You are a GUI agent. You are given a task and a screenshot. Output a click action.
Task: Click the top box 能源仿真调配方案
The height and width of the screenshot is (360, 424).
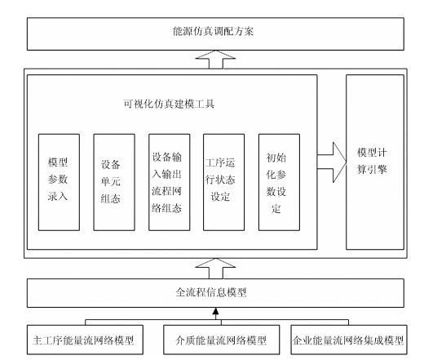(215, 34)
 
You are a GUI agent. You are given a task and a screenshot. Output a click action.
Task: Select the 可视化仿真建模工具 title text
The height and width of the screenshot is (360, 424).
(169, 104)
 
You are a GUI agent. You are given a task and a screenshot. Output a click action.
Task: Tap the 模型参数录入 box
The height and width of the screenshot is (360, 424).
(59, 182)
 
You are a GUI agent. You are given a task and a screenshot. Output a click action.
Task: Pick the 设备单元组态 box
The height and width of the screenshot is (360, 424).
(114, 182)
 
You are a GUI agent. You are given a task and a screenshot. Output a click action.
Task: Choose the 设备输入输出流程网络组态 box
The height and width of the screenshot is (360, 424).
(170, 182)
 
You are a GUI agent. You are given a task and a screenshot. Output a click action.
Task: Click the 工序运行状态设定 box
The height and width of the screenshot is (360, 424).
(224, 182)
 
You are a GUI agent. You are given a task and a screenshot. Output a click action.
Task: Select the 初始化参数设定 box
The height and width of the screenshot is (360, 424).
(279, 182)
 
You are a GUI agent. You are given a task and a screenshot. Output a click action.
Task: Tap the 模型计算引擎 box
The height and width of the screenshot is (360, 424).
(375, 162)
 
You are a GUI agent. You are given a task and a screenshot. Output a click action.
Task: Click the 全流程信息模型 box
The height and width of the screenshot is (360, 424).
(215, 293)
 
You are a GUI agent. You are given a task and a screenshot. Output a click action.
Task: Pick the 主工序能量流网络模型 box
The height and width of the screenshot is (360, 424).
(85, 340)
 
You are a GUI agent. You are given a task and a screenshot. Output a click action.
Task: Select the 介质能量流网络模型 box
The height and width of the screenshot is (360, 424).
(221, 340)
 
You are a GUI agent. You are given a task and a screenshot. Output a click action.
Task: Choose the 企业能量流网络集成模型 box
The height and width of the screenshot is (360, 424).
(349, 340)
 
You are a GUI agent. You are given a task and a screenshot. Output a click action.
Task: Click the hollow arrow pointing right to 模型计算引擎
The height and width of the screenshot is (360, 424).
(333, 162)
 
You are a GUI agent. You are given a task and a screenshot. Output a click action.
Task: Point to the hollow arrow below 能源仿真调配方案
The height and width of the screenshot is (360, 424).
(215, 60)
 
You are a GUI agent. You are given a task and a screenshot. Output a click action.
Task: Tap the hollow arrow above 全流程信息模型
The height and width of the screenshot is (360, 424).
(215, 269)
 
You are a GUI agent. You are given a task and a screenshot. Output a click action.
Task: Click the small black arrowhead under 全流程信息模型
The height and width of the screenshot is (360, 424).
(215, 311)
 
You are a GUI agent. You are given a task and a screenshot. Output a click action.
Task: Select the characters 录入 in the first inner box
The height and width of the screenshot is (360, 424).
(58, 196)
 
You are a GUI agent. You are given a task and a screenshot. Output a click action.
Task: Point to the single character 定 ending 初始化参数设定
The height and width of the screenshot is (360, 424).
(276, 209)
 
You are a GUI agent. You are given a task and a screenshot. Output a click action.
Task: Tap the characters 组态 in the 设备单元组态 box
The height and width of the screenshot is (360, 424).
(111, 198)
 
